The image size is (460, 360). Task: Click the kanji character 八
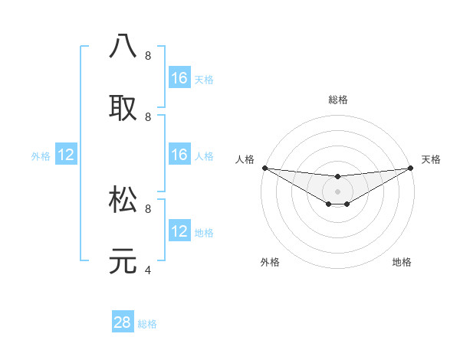(x=123, y=45)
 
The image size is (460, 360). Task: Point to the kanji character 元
(x=123, y=260)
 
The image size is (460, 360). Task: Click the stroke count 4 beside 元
(x=147, y=270)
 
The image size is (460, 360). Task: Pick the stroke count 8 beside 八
(x=147, y=56)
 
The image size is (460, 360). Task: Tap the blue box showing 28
(x=123, y=322)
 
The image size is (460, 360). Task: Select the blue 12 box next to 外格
(x=66, y=155)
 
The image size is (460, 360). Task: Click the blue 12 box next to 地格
(x=179, y=231)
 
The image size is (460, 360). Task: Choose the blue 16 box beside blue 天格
(x=179, y=78)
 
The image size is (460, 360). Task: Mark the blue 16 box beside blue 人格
(x=179, y=155)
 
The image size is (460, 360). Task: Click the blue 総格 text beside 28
(x=147, y=324)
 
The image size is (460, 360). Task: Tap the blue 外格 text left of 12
(x=41, y=156)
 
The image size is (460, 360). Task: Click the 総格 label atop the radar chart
(x=337, y=100)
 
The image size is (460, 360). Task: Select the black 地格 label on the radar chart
(x=402, y=262)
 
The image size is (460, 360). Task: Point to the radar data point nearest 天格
(x=411, y=168)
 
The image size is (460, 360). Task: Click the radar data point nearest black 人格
(x=264, y=168)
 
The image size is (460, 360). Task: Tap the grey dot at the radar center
(x=337, y=191)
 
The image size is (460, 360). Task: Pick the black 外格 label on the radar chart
(x=270, y=262)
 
